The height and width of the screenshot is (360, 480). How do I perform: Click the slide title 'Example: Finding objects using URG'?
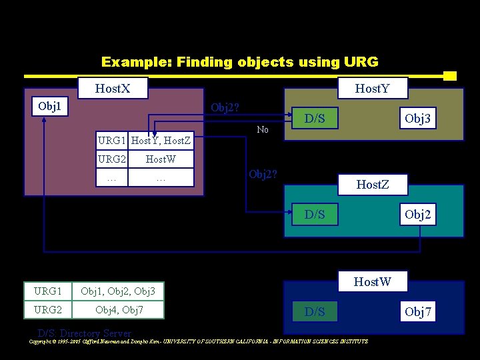[239, 62]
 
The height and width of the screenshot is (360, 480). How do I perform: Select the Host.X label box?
[113, 88]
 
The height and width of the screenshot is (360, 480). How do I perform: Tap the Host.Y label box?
[373, 88]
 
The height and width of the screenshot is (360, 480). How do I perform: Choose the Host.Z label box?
[373, 183]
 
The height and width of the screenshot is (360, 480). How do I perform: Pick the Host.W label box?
[373, 281]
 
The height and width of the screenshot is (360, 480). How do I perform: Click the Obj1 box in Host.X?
[49, 107]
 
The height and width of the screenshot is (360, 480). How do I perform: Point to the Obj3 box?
[418, 119]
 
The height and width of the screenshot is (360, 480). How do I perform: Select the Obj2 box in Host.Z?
[418, 214]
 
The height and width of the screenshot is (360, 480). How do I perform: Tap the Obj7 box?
[418, 311]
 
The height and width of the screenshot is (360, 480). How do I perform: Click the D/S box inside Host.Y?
[315, 119]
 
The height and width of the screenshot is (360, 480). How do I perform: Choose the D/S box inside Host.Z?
[315, 214]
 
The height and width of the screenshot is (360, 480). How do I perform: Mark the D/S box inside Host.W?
[315, 311]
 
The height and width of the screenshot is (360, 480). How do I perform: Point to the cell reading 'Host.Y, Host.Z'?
[161, 141]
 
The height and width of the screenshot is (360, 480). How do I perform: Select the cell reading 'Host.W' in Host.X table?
[161, 159]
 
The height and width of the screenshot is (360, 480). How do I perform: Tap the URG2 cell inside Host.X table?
[111, 159]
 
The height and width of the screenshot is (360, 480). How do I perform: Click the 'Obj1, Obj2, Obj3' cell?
[118, 291]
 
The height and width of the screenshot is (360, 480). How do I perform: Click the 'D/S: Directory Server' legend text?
[85, 333]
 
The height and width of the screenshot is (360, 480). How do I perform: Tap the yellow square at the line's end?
[450, 76]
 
